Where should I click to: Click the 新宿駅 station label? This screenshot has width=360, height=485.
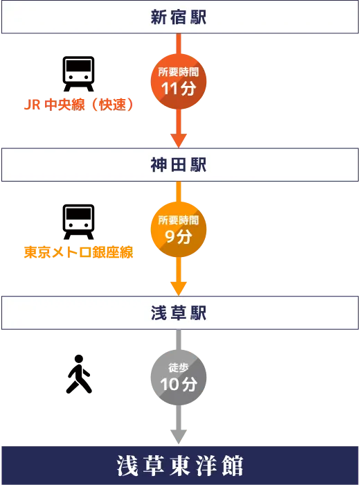point(179,17)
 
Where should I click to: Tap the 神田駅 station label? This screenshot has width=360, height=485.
point(179,165)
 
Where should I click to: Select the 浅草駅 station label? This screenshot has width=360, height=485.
point(179,312)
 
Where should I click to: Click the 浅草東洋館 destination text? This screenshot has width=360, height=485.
point(180,466)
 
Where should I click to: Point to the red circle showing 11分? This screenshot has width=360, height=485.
point(179,81)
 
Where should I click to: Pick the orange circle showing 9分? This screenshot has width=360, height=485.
point(179,229)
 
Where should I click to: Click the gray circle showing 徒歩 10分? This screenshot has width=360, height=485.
point(179,378)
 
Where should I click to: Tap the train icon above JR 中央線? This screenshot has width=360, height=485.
point(78,74)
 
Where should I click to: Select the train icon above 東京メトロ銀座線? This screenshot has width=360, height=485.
point(78,222)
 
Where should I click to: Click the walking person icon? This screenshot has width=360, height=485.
point(79,374)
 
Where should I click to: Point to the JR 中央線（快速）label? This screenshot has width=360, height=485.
point(79,105)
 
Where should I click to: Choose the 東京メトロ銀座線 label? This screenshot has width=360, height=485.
point(78,252)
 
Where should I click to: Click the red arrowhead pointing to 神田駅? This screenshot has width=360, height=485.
point(179,141)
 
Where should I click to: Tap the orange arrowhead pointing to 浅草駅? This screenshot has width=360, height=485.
point(179,289)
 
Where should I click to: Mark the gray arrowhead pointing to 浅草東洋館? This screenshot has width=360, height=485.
point(179,436)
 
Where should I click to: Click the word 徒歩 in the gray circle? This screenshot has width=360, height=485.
point(179,368)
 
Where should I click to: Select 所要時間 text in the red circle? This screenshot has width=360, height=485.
point(179,72)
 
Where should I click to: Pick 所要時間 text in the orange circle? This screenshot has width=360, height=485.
point(179,220)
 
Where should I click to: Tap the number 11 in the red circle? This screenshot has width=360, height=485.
point(170,89)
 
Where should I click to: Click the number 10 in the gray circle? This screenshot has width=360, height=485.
point(170,385)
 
